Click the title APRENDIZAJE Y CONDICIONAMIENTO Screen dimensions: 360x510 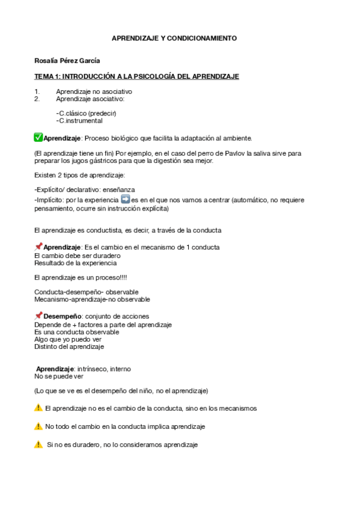(x=174, y=38)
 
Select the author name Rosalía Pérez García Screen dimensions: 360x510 (x=67, y=61)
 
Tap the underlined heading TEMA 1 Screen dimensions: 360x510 (x=136, y=76)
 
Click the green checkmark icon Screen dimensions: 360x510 (x=38, y=137)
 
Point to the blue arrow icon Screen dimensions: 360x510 (x=125, y=199)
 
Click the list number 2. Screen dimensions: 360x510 (x=37, y=98)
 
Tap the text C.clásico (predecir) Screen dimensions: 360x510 (x=86, y=113)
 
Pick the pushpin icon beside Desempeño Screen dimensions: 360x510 (x=38, y=315)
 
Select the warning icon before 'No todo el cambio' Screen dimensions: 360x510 (x=38, y=426)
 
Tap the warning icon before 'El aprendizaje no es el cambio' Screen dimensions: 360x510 (x=38, y=408)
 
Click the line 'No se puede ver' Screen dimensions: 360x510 (x=59, y=376)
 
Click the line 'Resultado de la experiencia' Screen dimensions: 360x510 (x=76, y=263)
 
